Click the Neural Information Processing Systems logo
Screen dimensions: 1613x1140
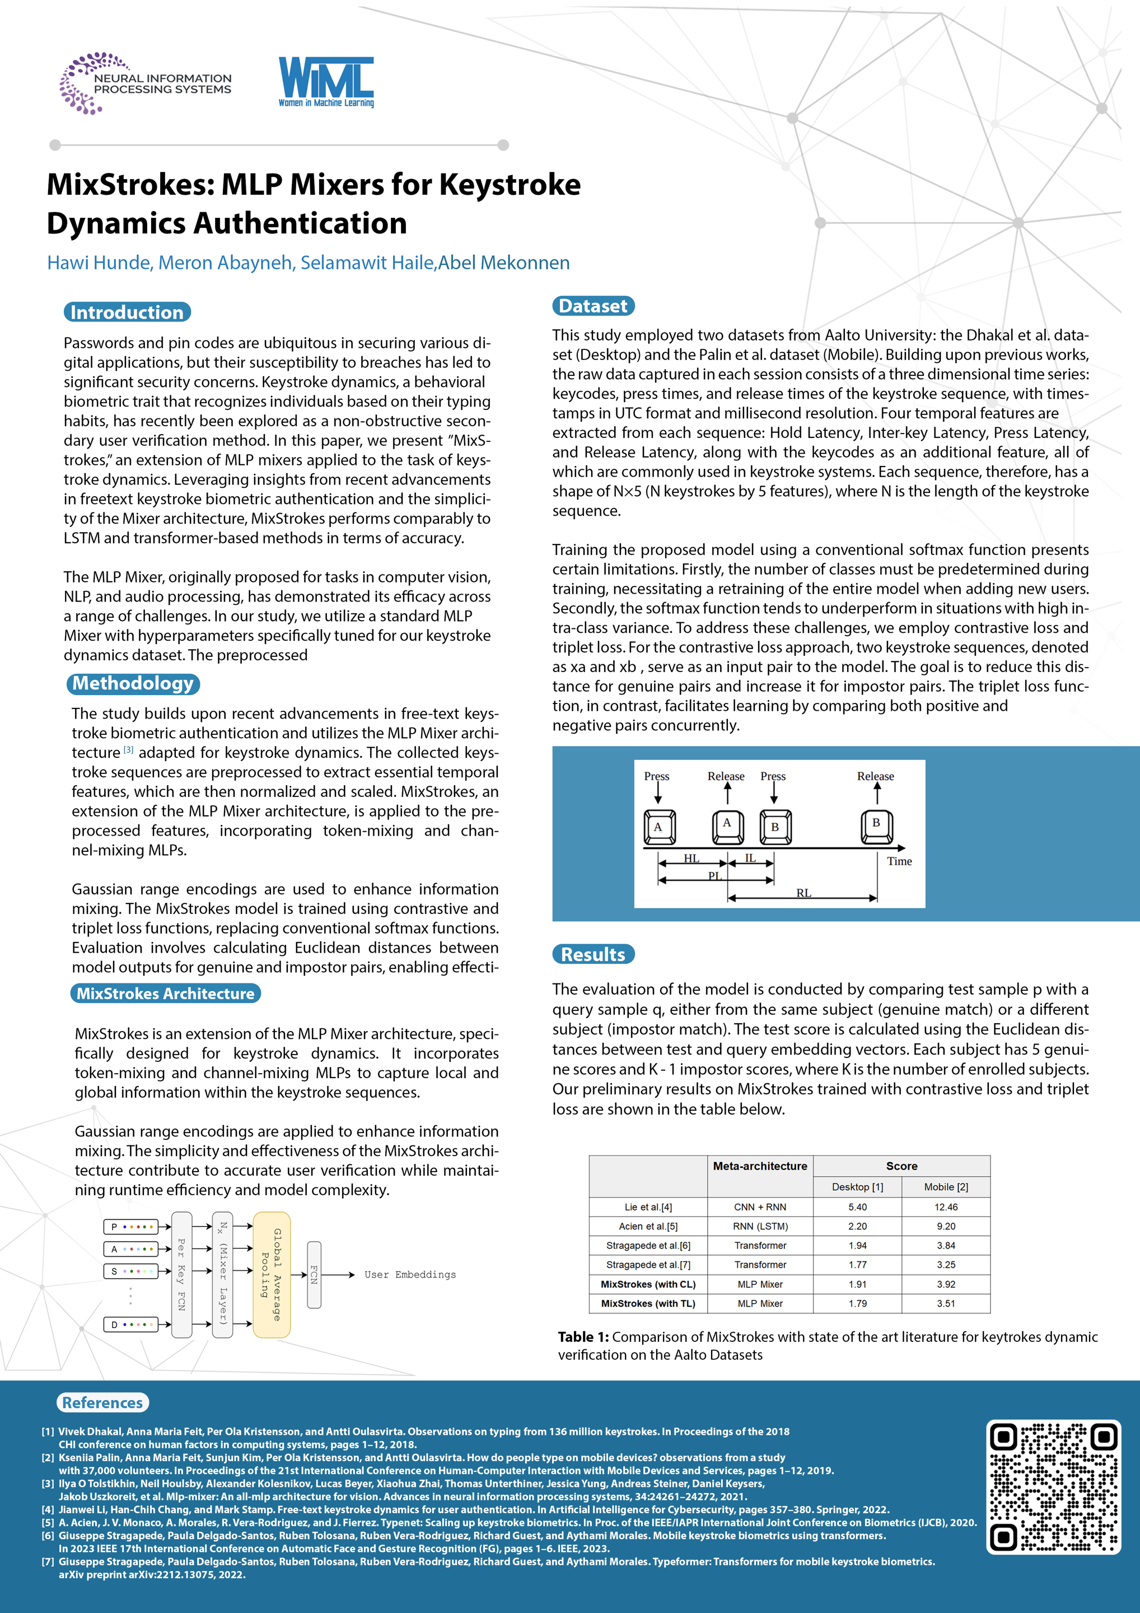click(x=146, y=83)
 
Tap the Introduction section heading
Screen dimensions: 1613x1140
click(x=127, y=313)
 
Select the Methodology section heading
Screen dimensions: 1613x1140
click(x=133, y=683)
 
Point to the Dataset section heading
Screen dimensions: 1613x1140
click(x=593, y=306)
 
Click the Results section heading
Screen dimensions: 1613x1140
click(x=593, y=955)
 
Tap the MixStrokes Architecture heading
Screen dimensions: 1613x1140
click(x=165, y=994)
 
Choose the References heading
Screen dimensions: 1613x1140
click(x=102, y=1403)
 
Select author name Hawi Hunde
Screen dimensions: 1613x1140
click(x=99, y=263)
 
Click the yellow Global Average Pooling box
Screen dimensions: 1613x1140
click(x=271, y=1274)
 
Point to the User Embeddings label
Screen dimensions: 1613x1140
click(x=410, y=1274)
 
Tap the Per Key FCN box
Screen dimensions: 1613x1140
click(x=181, y=1274)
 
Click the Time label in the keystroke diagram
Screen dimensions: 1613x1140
click(x=899, y=861)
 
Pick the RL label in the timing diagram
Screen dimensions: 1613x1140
click(x=803, y=893)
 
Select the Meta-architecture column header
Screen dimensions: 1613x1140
click(x=760, y=1166)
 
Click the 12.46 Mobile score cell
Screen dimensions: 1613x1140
click(x=946, y=1207)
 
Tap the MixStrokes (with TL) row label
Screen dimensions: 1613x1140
click(x=648, y=1303)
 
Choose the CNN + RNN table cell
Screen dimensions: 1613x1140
click(x=760, y=1207)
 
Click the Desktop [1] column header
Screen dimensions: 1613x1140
click(x=857, y=1187)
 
